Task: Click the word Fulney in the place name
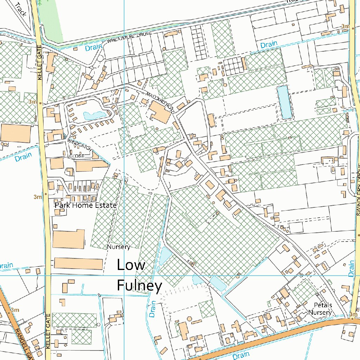coord(139,285)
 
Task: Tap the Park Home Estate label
coord(85,205)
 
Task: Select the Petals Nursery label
coord(320,309)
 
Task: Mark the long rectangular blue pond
coord(284,102)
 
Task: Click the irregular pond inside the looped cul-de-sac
coord(91,115)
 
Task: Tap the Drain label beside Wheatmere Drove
coord(94,47)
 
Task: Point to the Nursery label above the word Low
coord(118,247)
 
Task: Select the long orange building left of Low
coord(78,264)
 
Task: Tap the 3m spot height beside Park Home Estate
coord(37,197)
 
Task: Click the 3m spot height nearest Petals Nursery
coord(353,314)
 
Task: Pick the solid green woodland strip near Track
coord(50,21)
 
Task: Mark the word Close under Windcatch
coord(77,156)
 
